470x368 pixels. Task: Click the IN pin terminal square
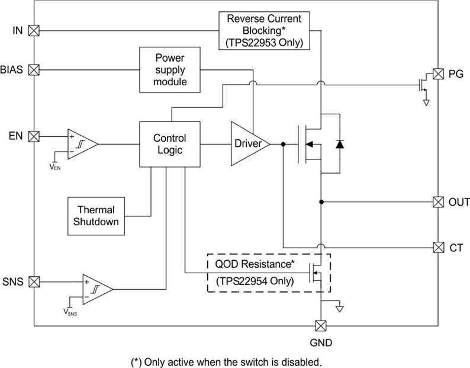pyautogui.click(x=34, y=30)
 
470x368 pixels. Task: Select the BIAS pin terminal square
pyautogui.click(x=34, y=70)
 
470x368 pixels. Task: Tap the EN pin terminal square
pyautogui.click(x=34, y=136)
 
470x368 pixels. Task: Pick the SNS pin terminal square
pyautogui.click(x=34, y=281)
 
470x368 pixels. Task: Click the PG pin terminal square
pyautogui.click(x=438, y=74)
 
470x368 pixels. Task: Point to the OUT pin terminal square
pyautogui.click(x=438, y=201)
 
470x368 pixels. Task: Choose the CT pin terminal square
pyautogui.click(x=438, y=247)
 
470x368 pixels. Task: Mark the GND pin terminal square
pyautogui.click(x=321, y=326)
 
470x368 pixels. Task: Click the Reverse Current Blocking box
pyautogui.click(x=265, y=30)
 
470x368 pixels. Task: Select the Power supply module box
pyautogui.click(x=170, y=70)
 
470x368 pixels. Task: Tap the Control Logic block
pyautogui.click(x=169, y=144)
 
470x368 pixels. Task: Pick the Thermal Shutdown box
pyautogui.click(x=96, y=216)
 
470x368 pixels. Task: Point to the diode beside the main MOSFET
pyautogui.click(x=340, y=144)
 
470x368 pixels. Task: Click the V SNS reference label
pyautogui.click(x=70, y=312)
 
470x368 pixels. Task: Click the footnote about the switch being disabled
pyautogui.click(x=226, y=361)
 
